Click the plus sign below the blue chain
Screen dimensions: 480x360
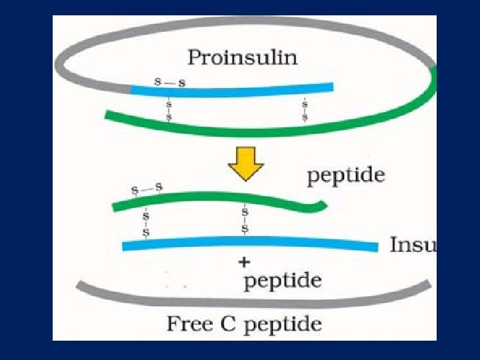245,262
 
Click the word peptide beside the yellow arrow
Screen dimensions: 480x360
345,176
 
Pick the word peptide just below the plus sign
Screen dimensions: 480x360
283,281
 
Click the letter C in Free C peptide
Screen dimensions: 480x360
231,325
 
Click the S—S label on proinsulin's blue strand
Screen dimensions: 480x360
170,82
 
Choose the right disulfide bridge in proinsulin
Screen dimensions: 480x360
305,110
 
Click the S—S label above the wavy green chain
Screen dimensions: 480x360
147,189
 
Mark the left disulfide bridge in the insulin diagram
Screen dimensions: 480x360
146,224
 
